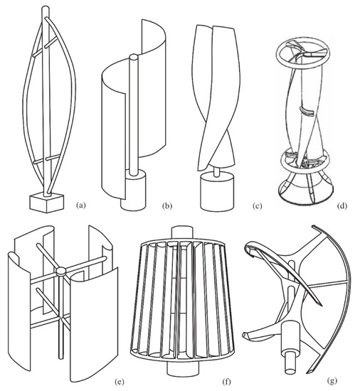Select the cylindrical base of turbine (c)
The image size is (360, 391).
point(218,193)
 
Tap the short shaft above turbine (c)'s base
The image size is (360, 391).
point(218,171)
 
